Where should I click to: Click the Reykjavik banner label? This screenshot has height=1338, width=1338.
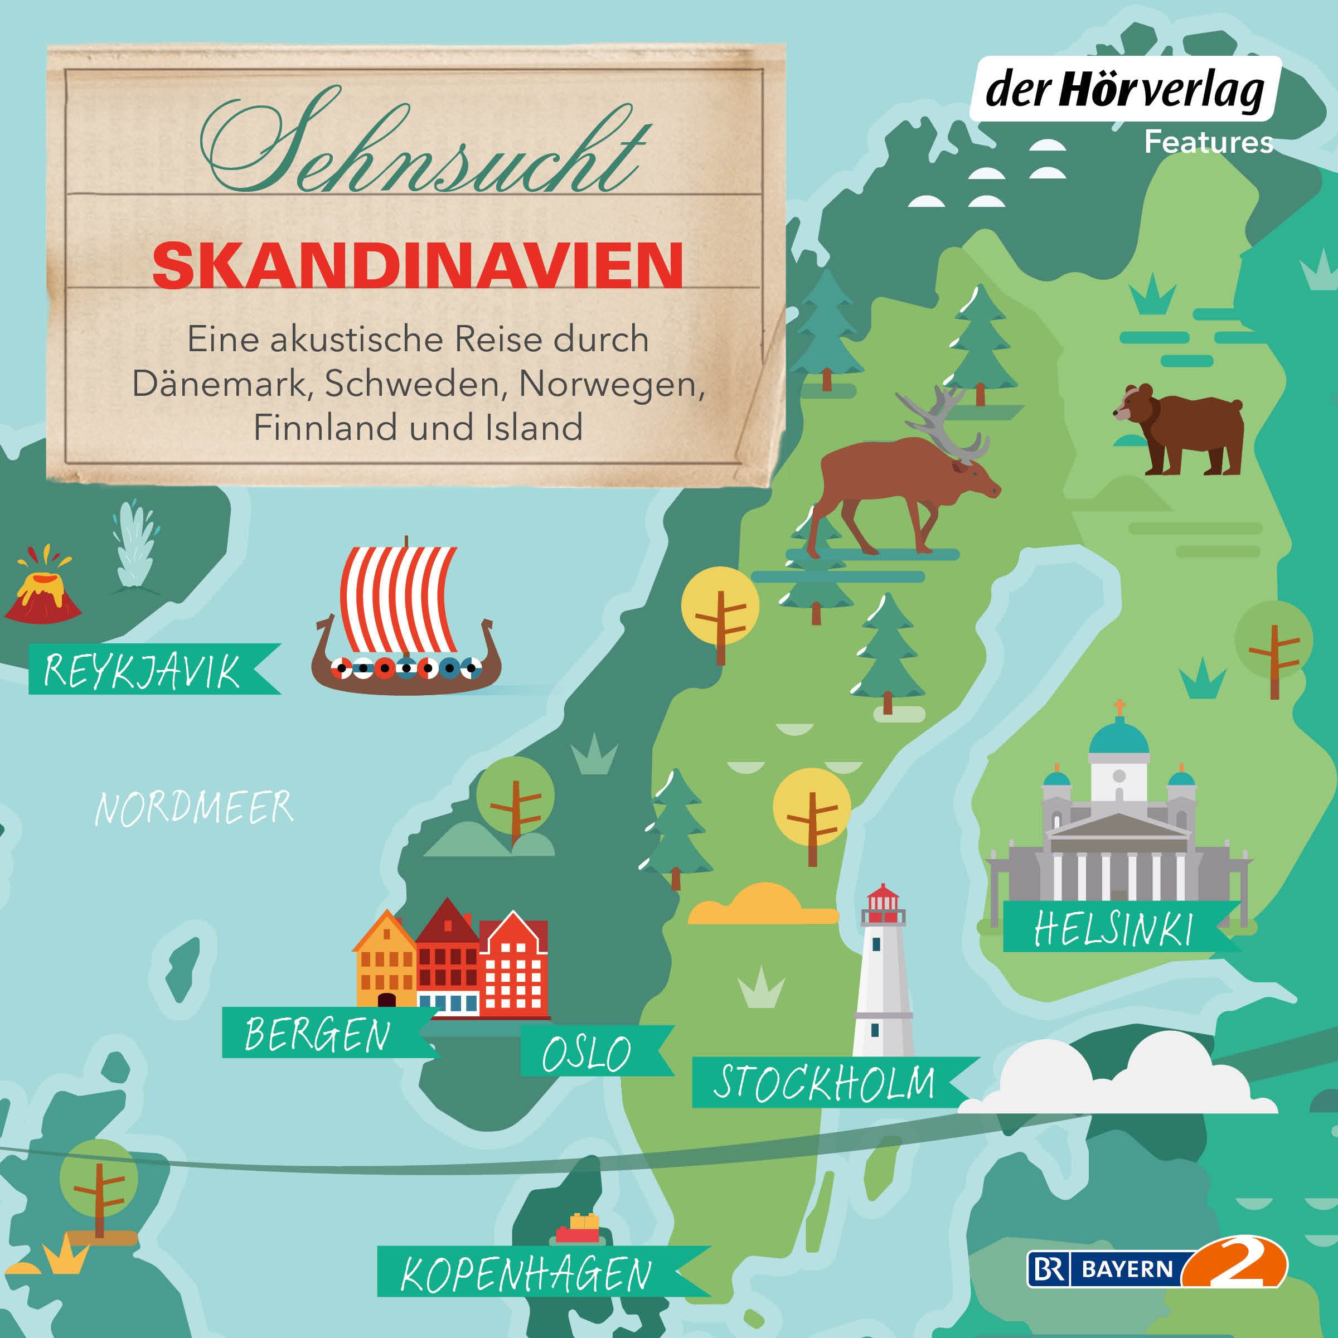pos(143,670)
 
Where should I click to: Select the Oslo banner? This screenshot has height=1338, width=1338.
pos(587,1053)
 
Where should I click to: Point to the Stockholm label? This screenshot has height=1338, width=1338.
pos(824,1083)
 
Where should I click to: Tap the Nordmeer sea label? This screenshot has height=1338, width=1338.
pos(194,808)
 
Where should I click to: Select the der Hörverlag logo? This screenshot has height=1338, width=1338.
pos(1124,90)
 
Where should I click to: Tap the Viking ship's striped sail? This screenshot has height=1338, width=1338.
pos(397,599)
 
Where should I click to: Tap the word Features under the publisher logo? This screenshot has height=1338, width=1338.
pos(1208,143)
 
